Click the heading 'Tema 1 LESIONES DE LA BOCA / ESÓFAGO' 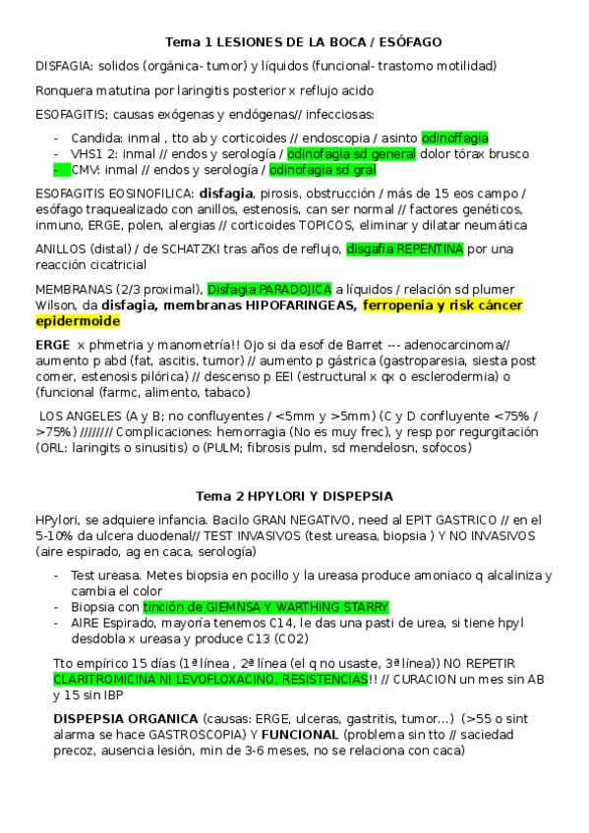(302, 42)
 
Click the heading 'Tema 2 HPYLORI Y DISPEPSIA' (294, 496)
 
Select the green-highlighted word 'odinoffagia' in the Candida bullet (454, 139)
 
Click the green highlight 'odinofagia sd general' (351, 154)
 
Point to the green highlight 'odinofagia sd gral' (323, 170)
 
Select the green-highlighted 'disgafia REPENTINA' (404, 250)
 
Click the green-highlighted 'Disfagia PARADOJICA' (268, 288)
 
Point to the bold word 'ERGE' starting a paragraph (53, 345)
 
